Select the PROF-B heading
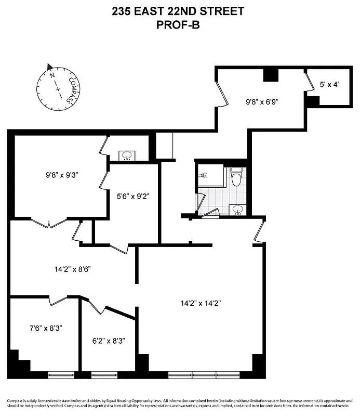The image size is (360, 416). (x=179, y=23)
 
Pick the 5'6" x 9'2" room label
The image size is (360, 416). (x=133, y=197)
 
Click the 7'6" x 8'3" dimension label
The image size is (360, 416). (x=46, y=329)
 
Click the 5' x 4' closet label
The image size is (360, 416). (x=328, y=84)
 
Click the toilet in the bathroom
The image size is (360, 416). (x=237, y=177)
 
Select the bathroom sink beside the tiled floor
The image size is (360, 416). (x=237, y=210)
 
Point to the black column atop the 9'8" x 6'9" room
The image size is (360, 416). (x=270, y=75)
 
